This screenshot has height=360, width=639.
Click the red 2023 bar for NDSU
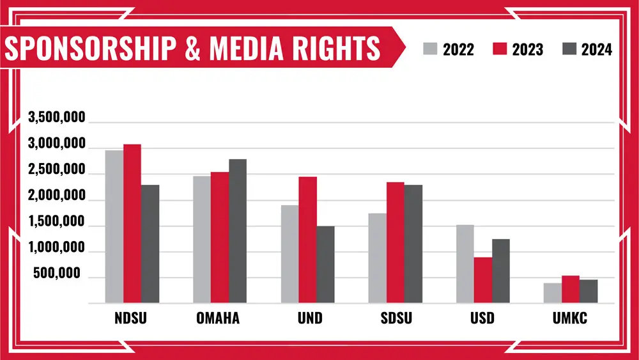[132, 224]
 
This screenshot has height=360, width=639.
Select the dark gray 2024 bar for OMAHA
[238, 231]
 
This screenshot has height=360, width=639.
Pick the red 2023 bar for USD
[483, 280]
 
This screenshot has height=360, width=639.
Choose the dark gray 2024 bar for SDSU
[413, 244]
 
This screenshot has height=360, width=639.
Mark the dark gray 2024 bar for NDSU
[150, 244]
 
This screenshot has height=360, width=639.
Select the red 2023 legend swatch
[500, 49]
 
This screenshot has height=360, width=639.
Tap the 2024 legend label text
[596, 49]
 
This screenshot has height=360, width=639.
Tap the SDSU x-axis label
[395, 318]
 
